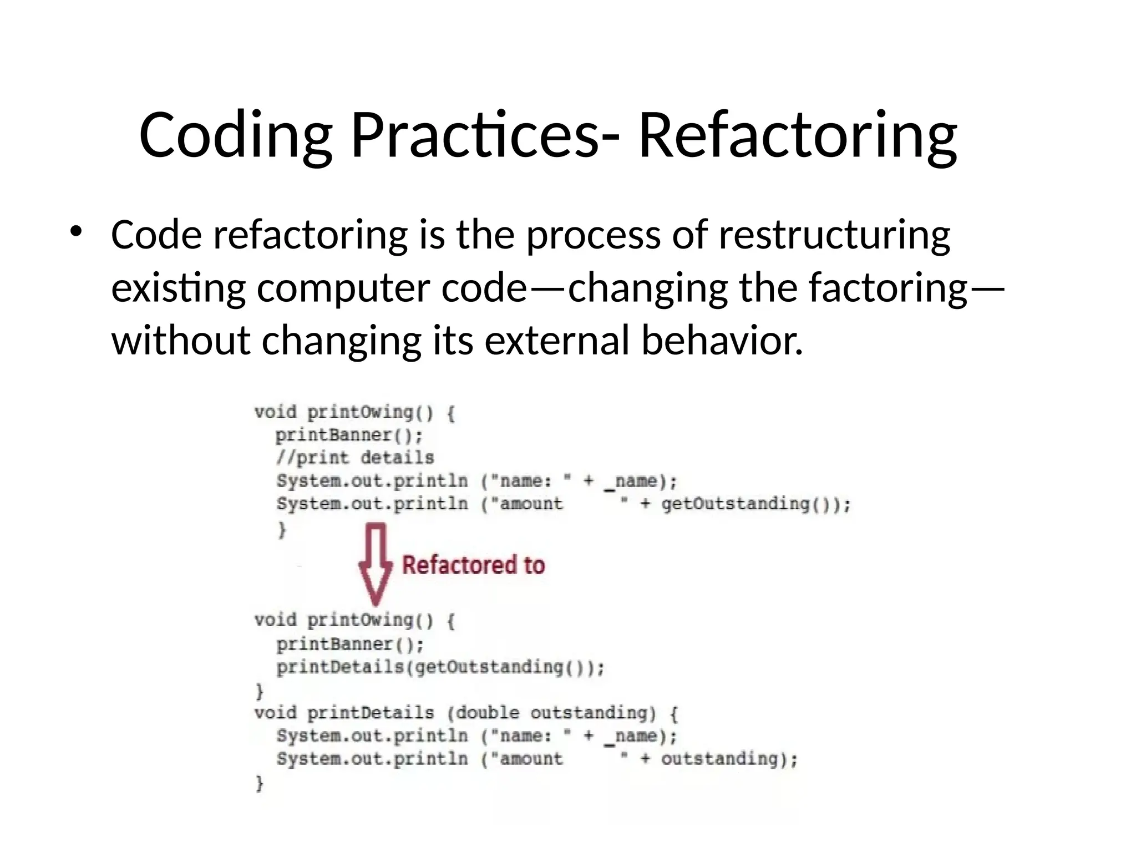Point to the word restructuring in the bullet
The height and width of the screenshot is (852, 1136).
click(834, 235)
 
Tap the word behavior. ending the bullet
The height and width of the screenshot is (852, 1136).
click(722, 340)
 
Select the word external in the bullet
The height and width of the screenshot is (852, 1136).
click(557, 340)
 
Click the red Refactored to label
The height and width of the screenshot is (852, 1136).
click(473, 565)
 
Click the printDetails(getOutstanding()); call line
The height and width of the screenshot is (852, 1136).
click(440, 667)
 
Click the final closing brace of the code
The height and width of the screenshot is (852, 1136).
click(259, 783)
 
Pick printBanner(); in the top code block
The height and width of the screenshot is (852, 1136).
click(349, 435)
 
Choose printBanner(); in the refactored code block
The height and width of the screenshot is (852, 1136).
click(350, 644)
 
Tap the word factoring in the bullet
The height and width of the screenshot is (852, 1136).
click(887, 288)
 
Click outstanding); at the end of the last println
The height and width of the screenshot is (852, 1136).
click(729, 759)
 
